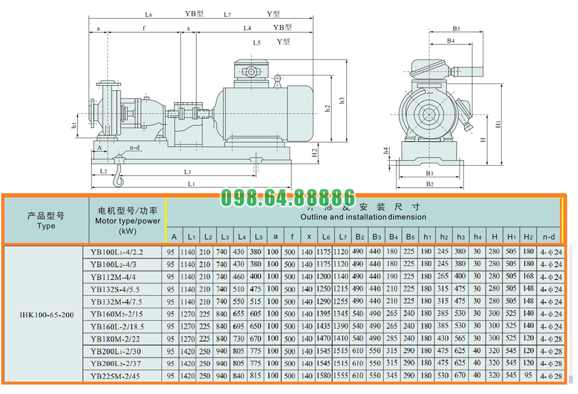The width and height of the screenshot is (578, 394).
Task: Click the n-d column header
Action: tap(549, 236)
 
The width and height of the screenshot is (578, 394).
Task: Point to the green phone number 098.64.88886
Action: tap(288, 197)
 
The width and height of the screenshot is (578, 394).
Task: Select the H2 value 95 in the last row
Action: tap(528, 376)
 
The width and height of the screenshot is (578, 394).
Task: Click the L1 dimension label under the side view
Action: tap(191, 184)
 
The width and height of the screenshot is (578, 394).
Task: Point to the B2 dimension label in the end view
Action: tap(429, 184)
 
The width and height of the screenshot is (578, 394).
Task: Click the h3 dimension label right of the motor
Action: tap(342, 100)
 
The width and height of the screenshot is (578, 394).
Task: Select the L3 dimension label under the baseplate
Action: tap(188, 172)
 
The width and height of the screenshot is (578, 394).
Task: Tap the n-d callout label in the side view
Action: tap(135, 148)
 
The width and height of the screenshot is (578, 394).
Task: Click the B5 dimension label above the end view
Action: tap(456, 28)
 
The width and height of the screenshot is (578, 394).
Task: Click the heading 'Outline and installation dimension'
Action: tap(363, 217)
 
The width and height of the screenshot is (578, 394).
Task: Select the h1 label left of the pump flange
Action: tap(74, 125)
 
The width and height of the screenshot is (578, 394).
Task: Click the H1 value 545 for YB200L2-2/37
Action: tap(511, 363)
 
